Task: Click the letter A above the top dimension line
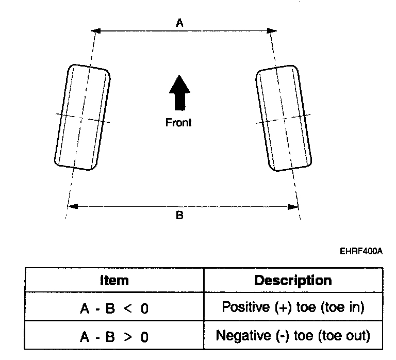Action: coord(179,23)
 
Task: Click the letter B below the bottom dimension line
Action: coord(179,215)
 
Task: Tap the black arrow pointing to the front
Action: coord(179,92)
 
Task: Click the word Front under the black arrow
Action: coord(178,123)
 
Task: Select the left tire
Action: coord(82,117)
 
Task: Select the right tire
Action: coord(284,118)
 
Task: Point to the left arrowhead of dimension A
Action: coord(96,31)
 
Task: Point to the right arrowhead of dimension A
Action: coord(272,31)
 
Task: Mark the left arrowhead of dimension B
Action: coord(73,206)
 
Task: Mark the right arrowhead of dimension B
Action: coord(293,207)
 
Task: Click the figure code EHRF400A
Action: coord(361,251)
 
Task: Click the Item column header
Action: coord(114,281)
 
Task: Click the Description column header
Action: coord(293,281)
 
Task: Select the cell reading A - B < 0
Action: coord(114,307)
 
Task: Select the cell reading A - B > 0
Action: coord(114,335)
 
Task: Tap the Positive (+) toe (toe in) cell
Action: coord(293,307)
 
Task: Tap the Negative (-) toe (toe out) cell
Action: coord(293,335)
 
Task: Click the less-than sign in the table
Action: coord(128,308)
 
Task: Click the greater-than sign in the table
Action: coord(128,337)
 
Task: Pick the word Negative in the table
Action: coord(243,336)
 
